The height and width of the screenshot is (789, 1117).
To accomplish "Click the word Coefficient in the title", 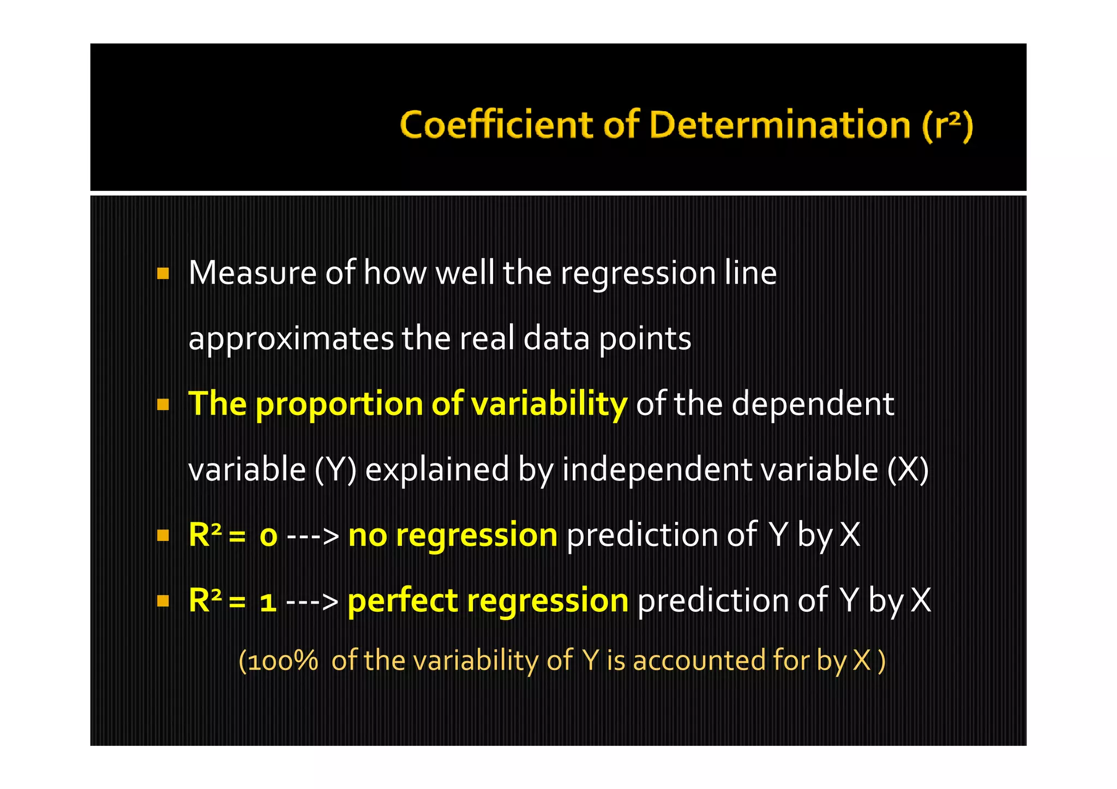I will pyautogui.click(x=496, y=125).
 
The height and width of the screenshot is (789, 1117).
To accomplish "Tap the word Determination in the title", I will pyautogui.click(x=780, y=125).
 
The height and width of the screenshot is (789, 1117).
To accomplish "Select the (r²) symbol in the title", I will pyautogui.click(x=947, y=125).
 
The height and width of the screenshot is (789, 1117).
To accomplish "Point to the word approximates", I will pyautogui.click(x=291, y=339).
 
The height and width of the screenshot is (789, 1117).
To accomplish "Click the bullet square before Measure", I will pyautogui.click(x=163, y=273).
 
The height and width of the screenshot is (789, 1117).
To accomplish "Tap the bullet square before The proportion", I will pyautogui.click(x=163, y=405).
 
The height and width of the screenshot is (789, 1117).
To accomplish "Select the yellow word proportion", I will pyautogui.click(x=339, y=405).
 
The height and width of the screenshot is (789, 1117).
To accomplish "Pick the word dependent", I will pyautogui.click(x=812, y=404).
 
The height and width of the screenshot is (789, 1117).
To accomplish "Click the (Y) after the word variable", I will pyautogui.click(x=335, y=469).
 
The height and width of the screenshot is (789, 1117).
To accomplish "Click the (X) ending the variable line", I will pyautogui.click(x=908, y=469).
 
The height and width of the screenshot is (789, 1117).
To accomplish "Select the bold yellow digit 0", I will pyautogui.click(x=268, y=536).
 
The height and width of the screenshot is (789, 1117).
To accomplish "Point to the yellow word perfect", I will pyautogui.click(x=403, y=601).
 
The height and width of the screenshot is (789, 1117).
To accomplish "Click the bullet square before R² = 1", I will pyautogui.click(x=163, y=601).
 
